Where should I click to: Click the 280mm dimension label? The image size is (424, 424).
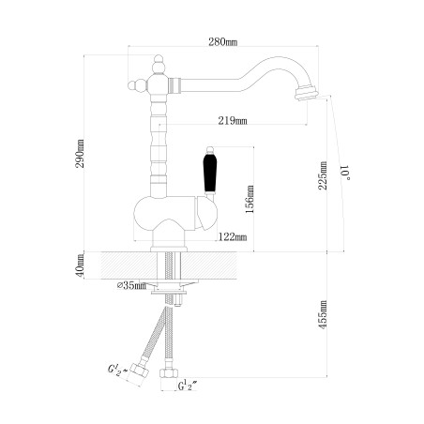tap(223, 41)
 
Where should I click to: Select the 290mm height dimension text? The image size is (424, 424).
tap(80, 154)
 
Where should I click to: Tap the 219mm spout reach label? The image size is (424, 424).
tap(233, 121)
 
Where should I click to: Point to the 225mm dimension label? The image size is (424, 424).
tap(323, 175)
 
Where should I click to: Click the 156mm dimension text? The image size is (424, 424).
tap(250, 199)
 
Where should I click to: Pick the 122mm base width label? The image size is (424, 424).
tap(233, 237)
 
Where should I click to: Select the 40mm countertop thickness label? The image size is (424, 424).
tap(80, 265)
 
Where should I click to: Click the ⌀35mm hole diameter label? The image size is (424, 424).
tap(131, 285)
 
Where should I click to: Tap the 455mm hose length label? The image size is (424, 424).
tap(323, 314)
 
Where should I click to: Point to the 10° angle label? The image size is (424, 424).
tap(346, 173)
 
